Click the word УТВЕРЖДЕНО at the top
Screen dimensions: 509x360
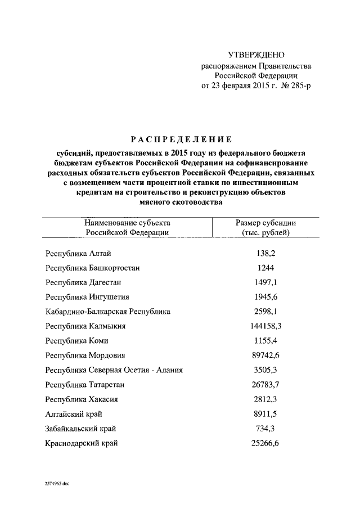256,55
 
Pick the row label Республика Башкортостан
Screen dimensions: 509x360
92,268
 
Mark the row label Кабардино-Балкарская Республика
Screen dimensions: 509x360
107,311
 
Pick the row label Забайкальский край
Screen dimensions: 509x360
82,428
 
